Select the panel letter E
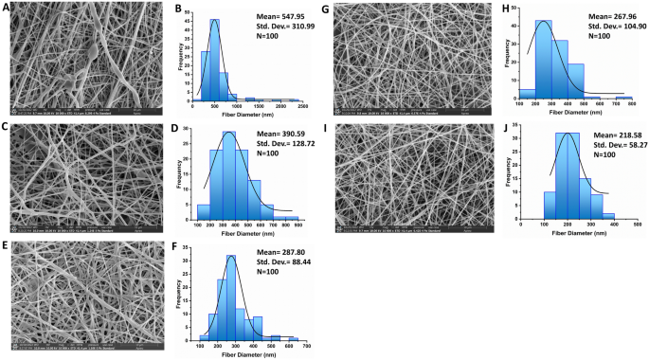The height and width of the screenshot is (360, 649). click(x=5, y=244)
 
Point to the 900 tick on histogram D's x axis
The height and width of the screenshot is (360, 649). click(x=297, y=225)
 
